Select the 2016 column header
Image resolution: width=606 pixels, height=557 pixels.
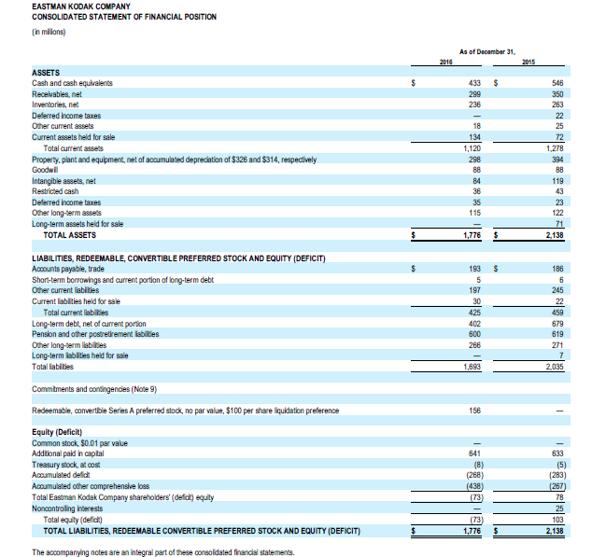(x=445, y=62)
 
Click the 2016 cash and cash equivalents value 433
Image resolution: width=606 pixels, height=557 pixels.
(x=473, y=83)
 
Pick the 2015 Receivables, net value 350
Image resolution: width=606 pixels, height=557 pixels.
(x=557, y=94)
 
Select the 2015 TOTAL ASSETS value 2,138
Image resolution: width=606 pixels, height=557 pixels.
(x=555, y=235)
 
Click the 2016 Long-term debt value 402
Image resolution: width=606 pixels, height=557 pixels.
(x=473, y=323)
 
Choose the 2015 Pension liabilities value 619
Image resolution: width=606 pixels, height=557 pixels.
(x=557, y=333)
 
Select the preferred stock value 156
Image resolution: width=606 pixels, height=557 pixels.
(x=473, y=411)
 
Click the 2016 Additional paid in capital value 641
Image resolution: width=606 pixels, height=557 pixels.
(x=473, y=453)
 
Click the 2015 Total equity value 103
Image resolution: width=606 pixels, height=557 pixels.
(x=557, y=520)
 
